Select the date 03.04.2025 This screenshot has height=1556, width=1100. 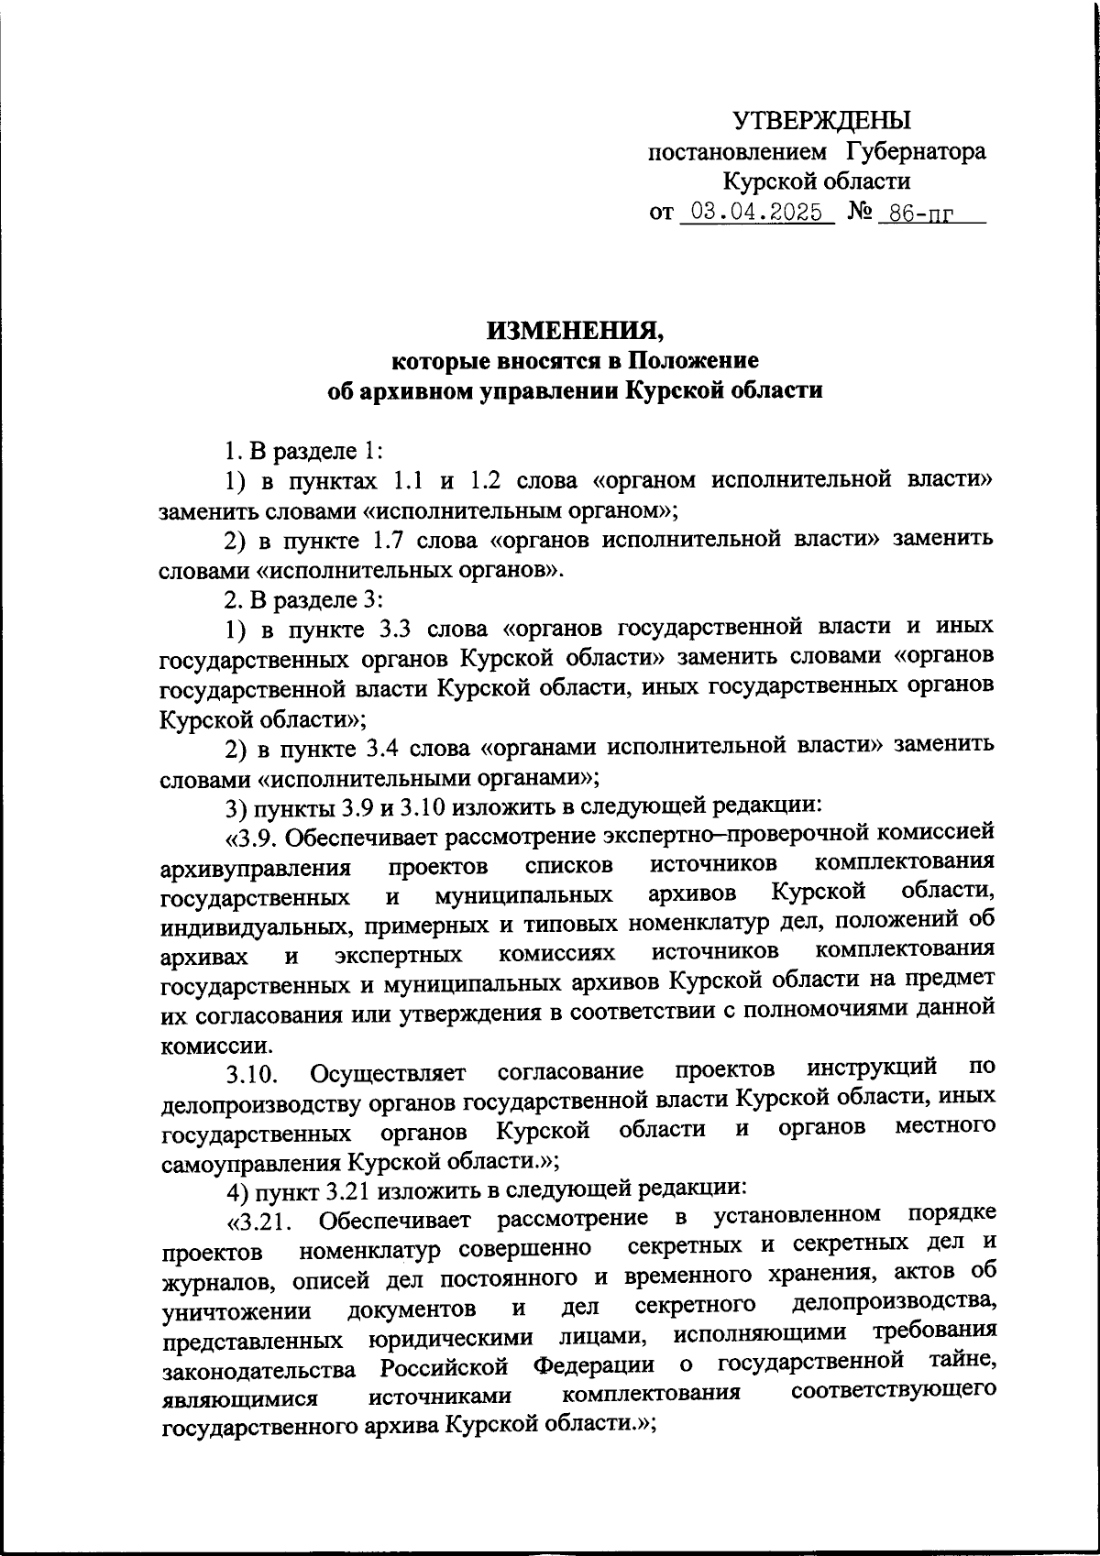tap(757, 214)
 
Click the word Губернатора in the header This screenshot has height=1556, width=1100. tap(916, 151)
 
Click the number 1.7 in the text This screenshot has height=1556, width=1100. tap(383, 540)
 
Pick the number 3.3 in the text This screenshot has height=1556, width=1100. tap(383, 629)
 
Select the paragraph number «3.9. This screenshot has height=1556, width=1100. tap(253, 837)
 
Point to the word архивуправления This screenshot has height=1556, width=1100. tap(256, 868)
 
